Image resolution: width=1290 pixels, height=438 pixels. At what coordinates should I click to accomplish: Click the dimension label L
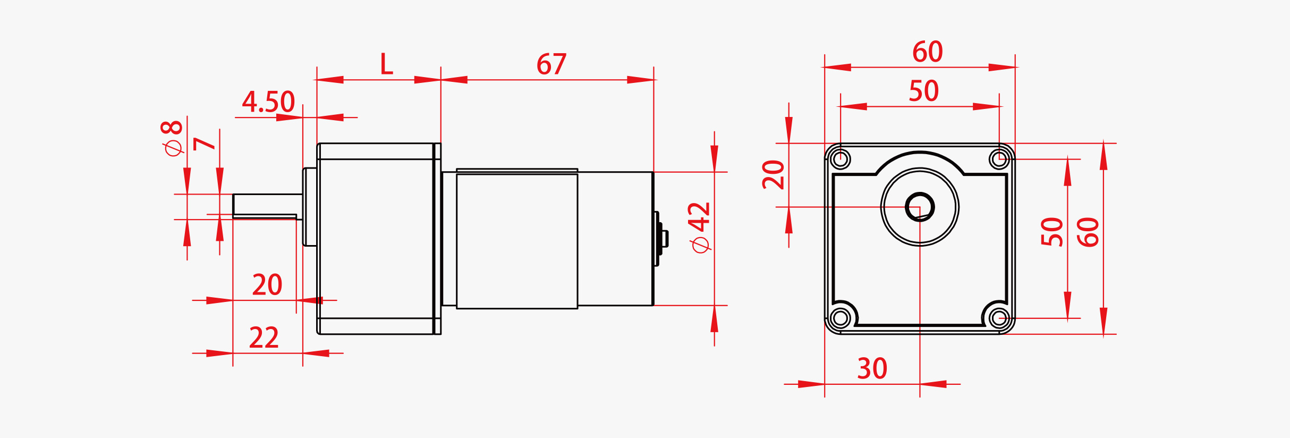[x=386, y=64]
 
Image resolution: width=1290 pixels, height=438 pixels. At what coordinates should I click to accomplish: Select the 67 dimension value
[x=551, y=64]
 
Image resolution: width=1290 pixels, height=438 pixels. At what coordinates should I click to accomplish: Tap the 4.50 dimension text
[x=268, y=102]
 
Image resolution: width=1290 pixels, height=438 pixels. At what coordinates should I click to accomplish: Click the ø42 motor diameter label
[x=700, y=227]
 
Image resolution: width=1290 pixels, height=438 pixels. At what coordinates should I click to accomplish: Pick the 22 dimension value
[x=264, y=338]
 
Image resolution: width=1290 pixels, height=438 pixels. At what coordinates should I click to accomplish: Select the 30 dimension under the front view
[x=872, y=369]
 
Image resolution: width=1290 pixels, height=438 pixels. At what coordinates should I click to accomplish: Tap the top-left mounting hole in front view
[x=841, y=159]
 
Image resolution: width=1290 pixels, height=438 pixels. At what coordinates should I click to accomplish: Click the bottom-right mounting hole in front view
[x=999, y=318]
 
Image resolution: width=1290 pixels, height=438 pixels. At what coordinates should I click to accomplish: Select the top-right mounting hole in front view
[x=999, y=159]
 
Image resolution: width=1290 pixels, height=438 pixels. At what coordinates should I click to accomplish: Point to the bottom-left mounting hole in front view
[x=841, y=318]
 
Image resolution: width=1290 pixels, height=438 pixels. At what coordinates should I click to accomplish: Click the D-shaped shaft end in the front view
[x=920, y=207]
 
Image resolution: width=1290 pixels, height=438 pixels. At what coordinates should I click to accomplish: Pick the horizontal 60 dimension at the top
[x=927, y=52]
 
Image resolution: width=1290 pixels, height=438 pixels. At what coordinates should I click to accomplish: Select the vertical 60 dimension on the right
[x=1088, y=232]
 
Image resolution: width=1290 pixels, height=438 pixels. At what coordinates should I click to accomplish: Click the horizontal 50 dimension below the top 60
[x=923, y=91]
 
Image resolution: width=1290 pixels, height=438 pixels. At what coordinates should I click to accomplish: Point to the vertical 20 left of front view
[x=774, y=174]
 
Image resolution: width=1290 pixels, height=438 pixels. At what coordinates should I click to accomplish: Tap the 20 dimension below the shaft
[x=267, y=285]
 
